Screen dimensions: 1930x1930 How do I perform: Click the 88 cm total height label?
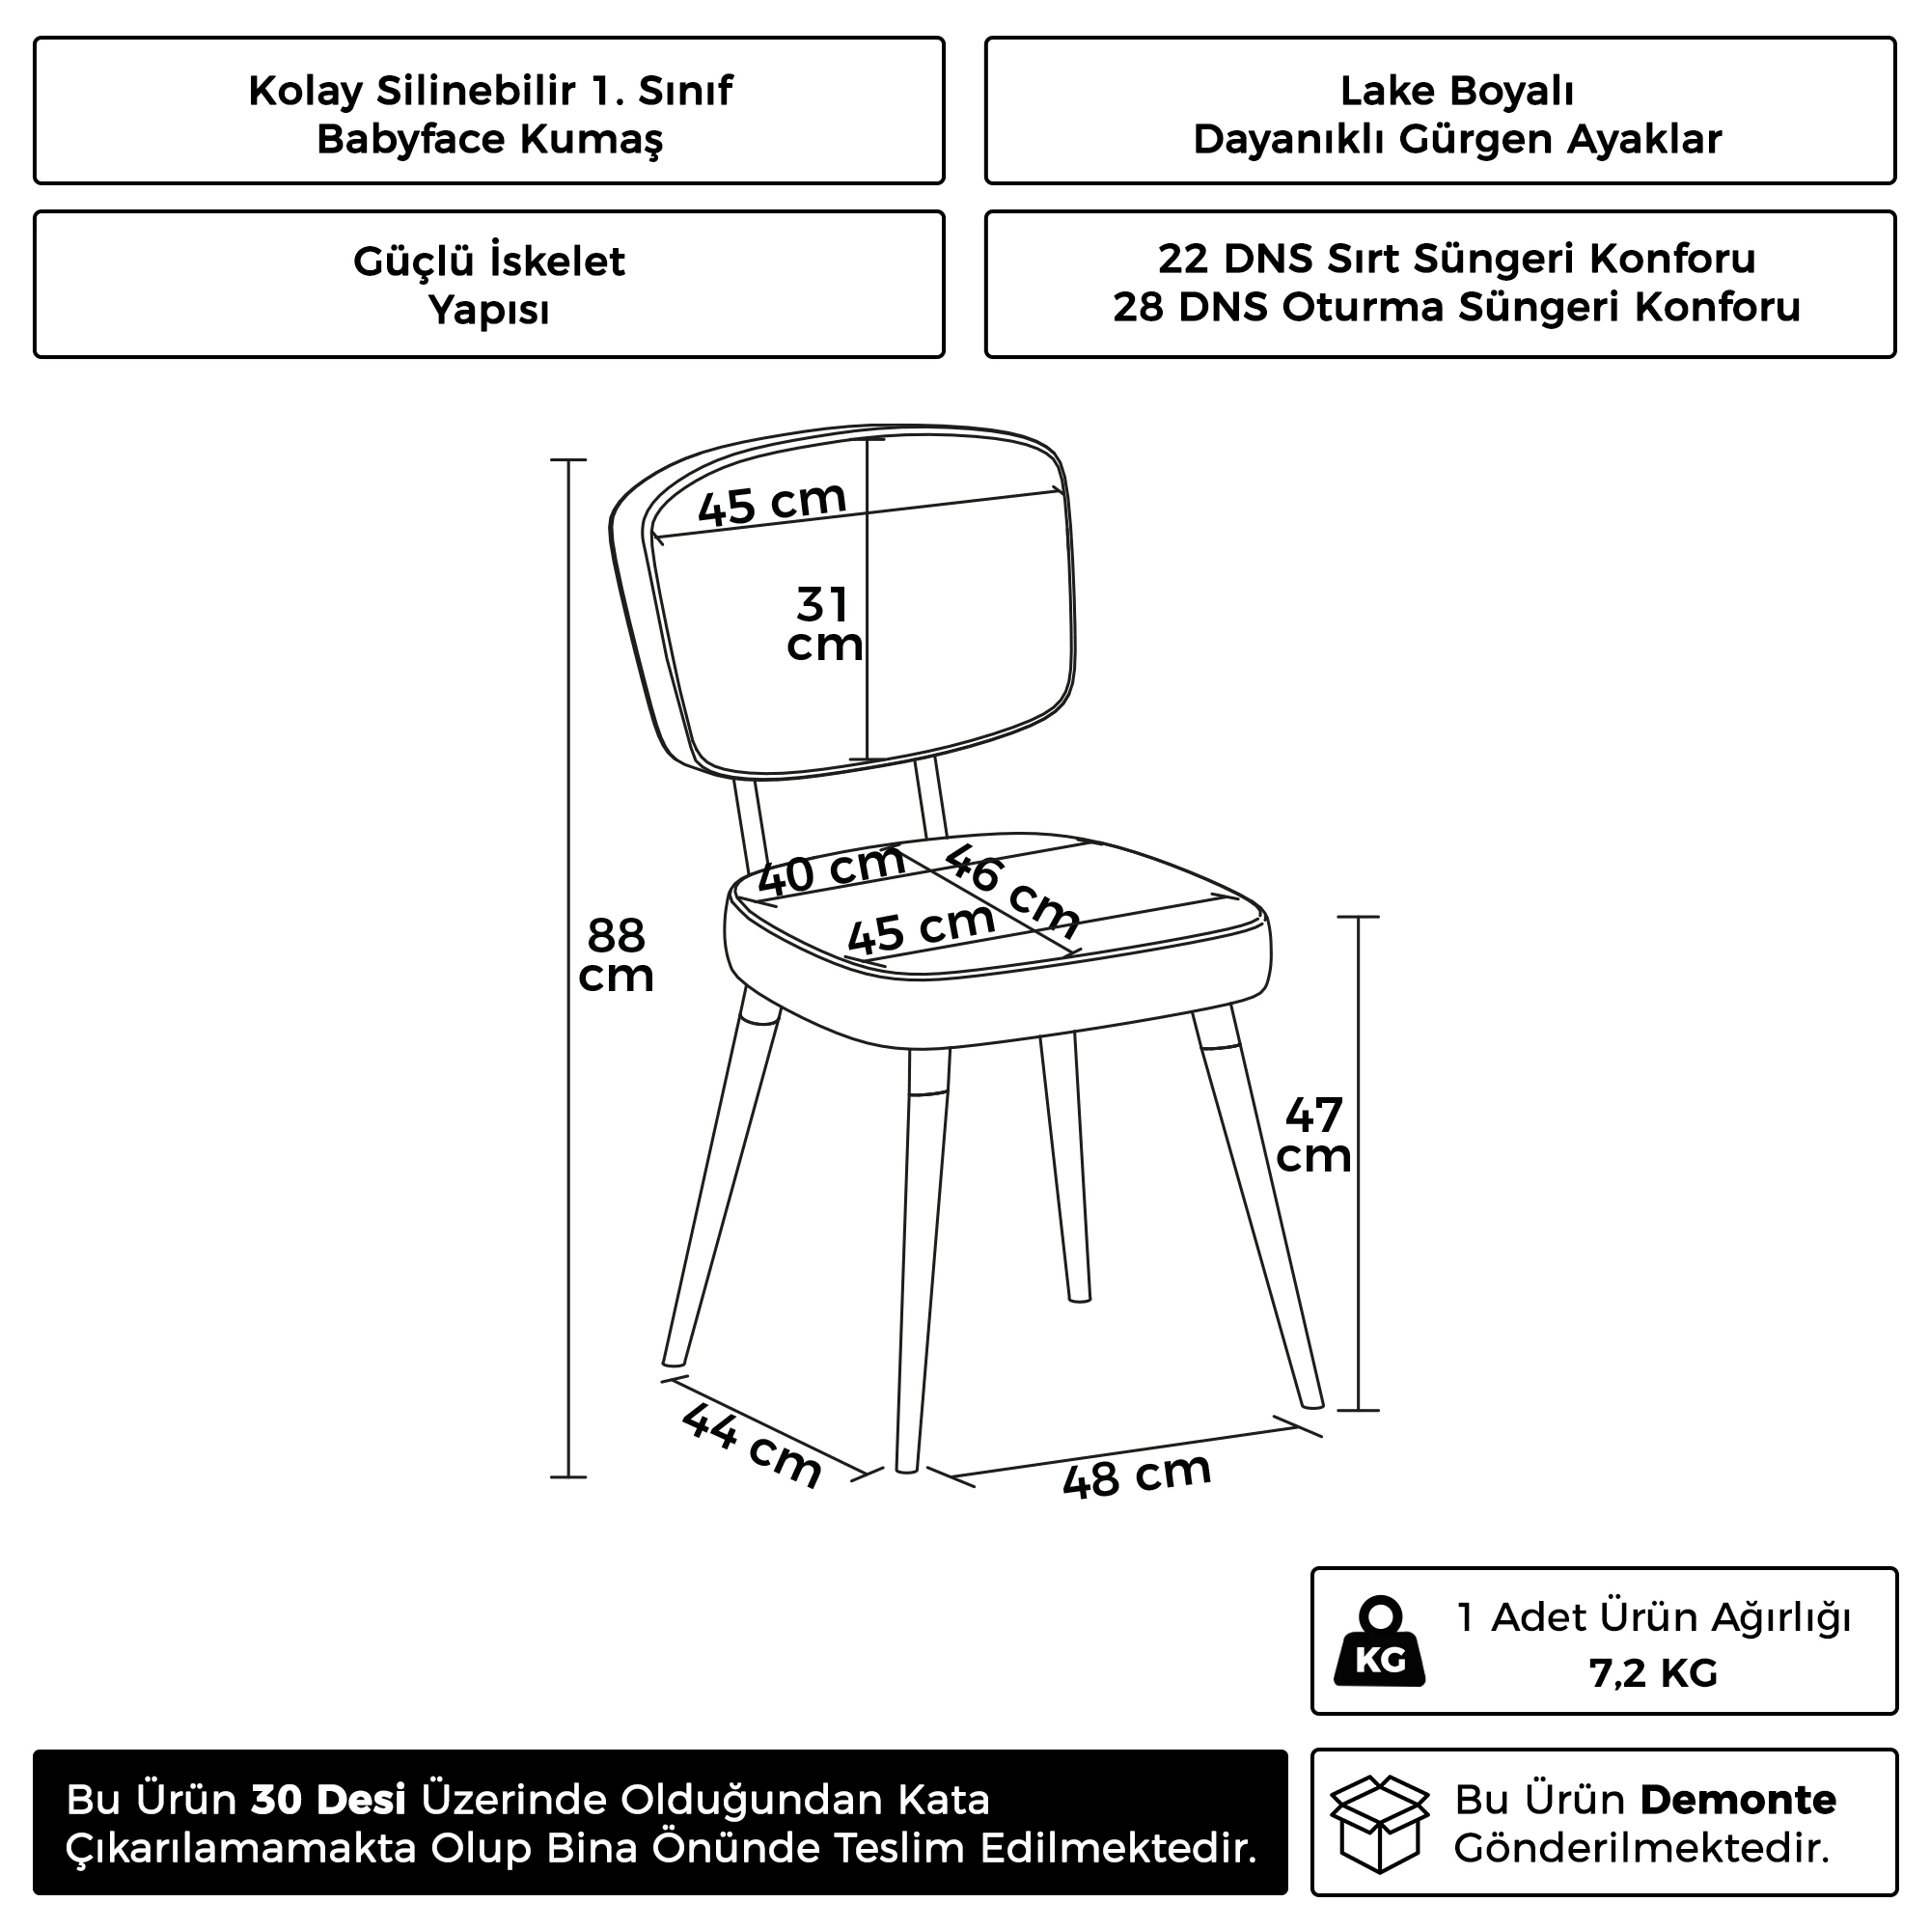pos(616,956)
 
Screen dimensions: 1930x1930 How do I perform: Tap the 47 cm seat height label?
pos(1313,1135)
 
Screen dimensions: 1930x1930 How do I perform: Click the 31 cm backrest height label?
pos(824,624)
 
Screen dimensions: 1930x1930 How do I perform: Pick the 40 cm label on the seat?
pos(831,869)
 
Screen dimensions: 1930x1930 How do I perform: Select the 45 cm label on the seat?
pos(920,928)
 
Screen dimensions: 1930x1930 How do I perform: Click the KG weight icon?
pos(1381,1641)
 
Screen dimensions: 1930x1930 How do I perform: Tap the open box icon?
pos(1380,1823)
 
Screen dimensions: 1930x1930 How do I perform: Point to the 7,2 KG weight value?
pos(1653,1672)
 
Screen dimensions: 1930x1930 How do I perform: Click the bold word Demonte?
pos(1737,1799)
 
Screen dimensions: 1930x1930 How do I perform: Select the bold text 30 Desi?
pos(329,1799)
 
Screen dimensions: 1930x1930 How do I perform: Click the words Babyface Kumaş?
pos(489,139)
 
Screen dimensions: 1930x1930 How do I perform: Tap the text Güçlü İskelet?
pos(489,262)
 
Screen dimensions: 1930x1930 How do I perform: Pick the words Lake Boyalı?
pos(1456,91)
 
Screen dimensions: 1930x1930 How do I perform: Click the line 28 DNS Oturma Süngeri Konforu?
pos(1456,307)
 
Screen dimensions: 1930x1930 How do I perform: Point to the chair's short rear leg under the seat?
pos(1065,1169)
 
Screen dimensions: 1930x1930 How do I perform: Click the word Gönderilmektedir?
pos(1641,1848)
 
